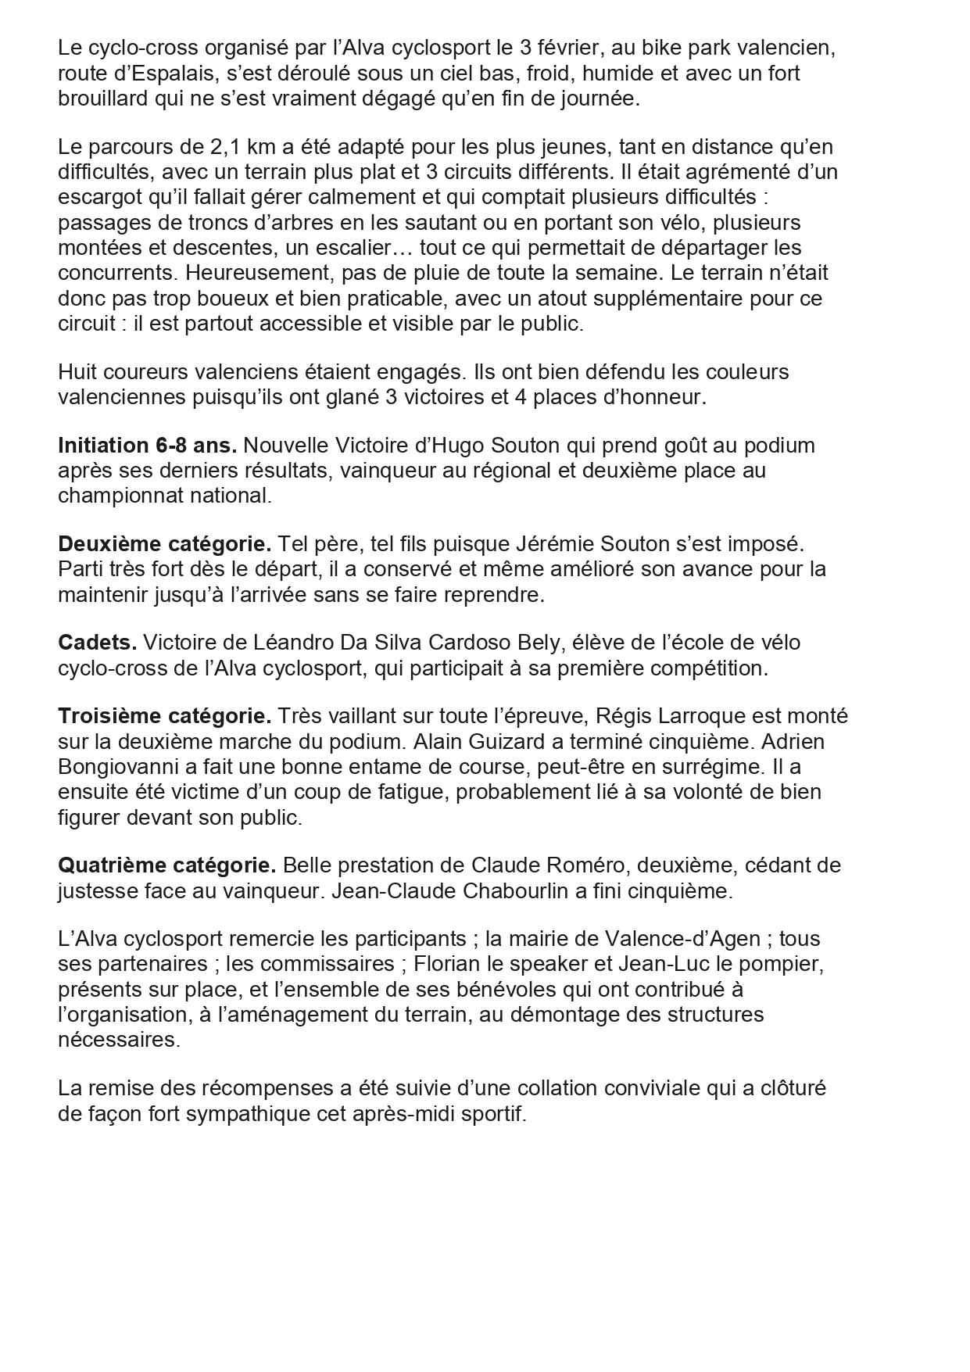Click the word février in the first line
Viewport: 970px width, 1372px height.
[571, 48]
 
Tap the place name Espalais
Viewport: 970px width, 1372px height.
[166, 73]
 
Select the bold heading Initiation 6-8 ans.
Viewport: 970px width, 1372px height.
[147, 446]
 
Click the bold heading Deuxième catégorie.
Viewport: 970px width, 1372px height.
[164, 543]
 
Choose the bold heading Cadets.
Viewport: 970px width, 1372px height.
[97, 643]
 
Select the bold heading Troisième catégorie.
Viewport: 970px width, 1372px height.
[164, 716]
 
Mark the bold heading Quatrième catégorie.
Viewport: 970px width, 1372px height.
[166, 865]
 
